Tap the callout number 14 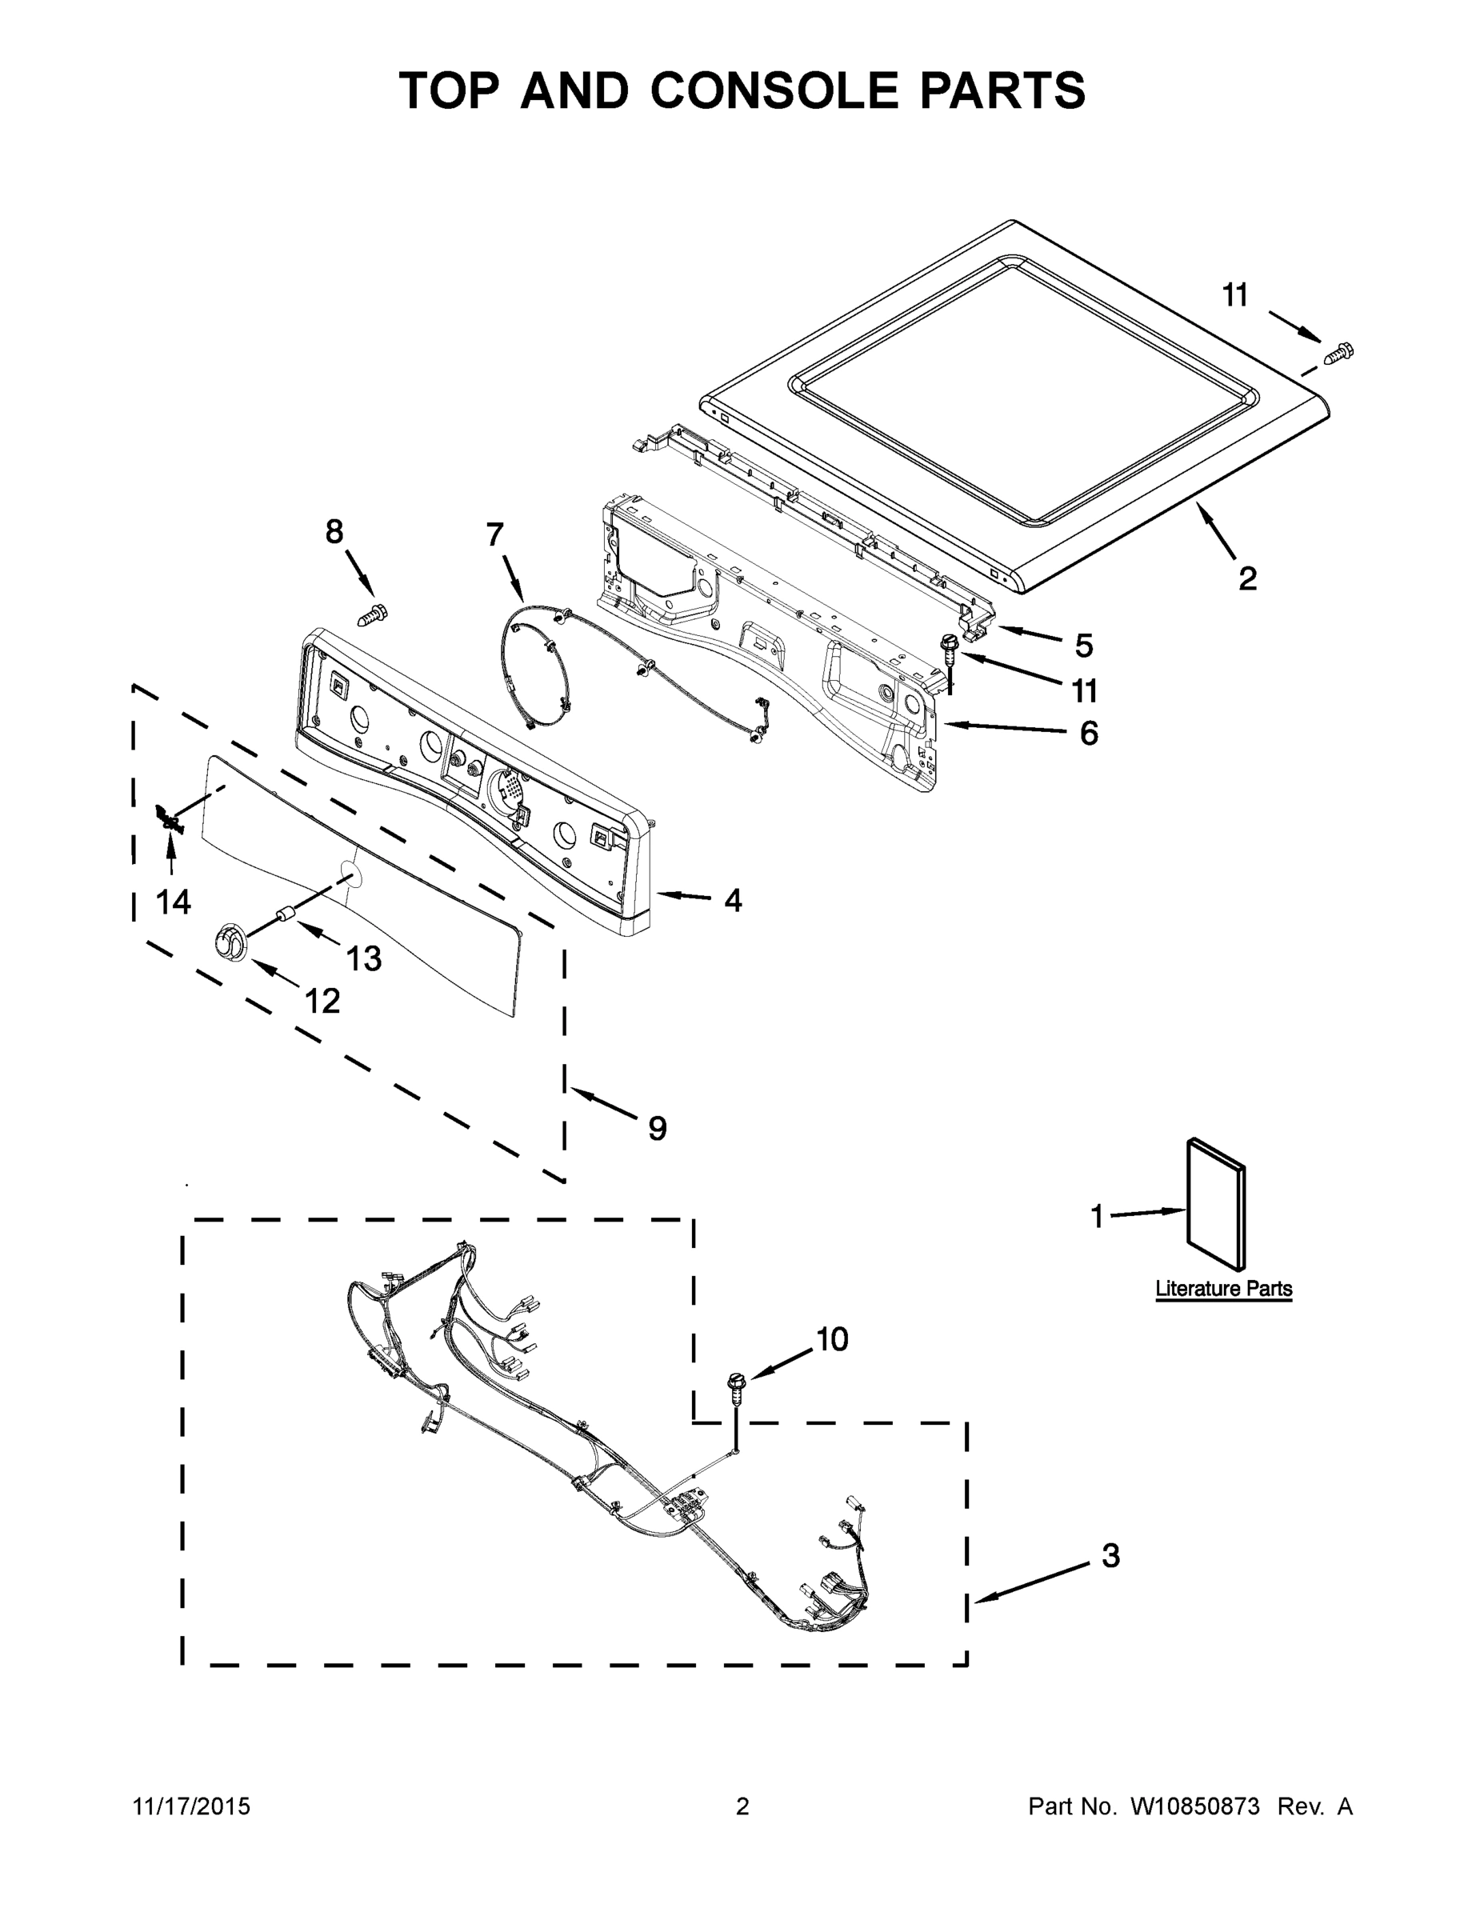(173, 901)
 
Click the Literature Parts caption (1223, 1289)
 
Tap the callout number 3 (1110, 1556)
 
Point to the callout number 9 (658, 1128)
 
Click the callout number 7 (495, 534)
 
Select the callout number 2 (1246, 578)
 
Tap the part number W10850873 (1194, 1806)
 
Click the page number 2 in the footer (742, 1806)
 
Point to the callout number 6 (1088, 732)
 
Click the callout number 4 (732, 899)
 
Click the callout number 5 (1083, 646)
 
